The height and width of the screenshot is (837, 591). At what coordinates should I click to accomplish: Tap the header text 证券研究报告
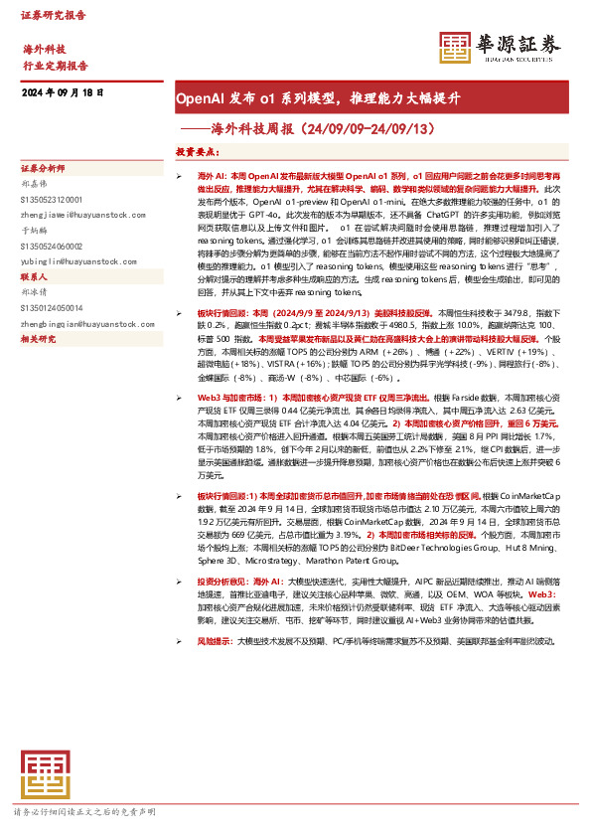pyautogui.click(x=53, y=16)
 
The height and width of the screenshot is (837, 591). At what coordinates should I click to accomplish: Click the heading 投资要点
pyautogui.click(x=198, y=152)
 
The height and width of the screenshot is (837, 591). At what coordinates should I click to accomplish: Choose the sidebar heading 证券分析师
pyautogui.click(x=43, y=169)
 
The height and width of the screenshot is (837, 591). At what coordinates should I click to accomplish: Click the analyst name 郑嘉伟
pyautogui.click(x=35, y=183)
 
